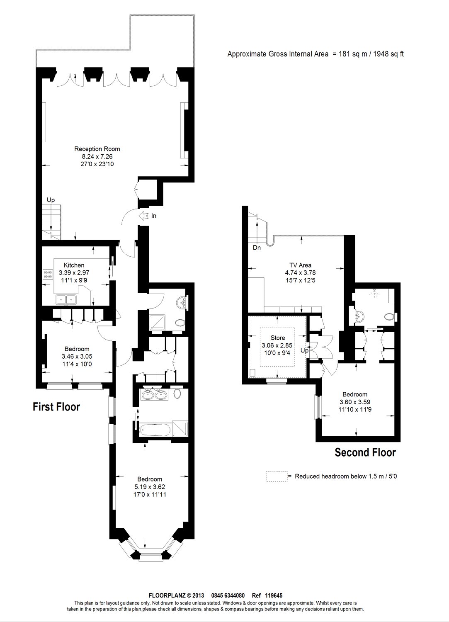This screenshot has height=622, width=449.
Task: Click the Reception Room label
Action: click(x=97, y=149)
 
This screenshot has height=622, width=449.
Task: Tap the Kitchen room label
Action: click(x=74, y=265)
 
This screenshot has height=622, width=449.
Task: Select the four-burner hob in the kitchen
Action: click(x=48, y=274)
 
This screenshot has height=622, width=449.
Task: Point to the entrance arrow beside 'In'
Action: click(x=143, y=216)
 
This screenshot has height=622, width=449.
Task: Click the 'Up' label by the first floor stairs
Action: click(x=51, y=200)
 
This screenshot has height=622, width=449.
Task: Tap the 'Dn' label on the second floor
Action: click(x=257, y=248)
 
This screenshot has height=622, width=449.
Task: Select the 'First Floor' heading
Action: click(x=56, y=407)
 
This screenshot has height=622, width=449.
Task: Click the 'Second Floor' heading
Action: click(x=365, y=452)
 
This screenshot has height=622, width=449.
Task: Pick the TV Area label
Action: click(x=301, y=265)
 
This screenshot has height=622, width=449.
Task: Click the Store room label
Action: click(x=277, y=338)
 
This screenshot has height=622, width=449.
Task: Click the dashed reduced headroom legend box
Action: click(x=277, y=476)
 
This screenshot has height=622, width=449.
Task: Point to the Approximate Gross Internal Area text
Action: click(x=316, y=54)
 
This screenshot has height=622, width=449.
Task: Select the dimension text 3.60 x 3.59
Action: click(x=354, y=402)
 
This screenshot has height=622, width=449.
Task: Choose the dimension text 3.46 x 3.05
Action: click(x=77, y=356)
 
